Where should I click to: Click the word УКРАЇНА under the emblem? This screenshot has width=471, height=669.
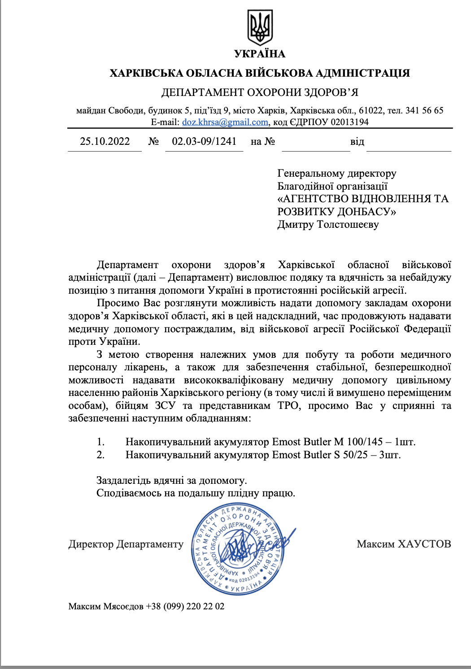260,54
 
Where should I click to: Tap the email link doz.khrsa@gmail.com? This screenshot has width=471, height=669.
225,122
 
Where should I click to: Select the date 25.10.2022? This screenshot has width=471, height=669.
105,142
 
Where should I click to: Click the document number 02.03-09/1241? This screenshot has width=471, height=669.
204,142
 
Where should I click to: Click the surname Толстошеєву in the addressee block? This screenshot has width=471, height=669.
348,224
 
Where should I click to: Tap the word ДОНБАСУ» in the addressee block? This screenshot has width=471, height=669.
366,212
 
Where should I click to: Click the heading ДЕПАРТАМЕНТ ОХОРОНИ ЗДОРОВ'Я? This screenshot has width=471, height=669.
260,92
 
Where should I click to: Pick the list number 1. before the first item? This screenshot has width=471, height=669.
101,442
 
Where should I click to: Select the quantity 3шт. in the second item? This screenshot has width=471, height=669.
390,455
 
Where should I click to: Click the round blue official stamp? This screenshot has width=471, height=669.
238,549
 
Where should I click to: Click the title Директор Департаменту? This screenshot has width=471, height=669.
126,544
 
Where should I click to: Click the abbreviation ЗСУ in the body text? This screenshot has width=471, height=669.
165,406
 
